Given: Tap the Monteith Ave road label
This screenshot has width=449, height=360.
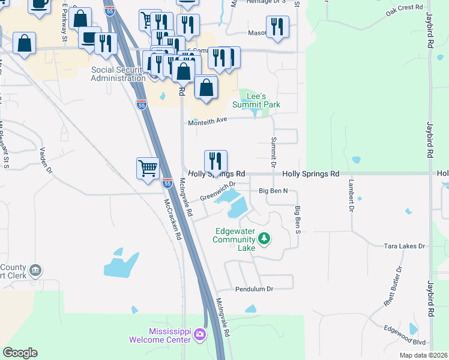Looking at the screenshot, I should click(208, 122).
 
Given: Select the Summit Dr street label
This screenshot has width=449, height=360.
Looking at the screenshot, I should click(273, 152).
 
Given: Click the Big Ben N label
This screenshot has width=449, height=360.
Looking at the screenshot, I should click(273, 191).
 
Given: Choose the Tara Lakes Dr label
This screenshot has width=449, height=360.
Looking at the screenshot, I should click(404, 246).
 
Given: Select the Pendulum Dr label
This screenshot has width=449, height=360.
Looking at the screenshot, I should click(254, 289).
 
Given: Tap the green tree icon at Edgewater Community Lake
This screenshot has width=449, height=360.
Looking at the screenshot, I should click(264, 239).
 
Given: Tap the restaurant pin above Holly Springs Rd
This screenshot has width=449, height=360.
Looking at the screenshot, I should click(215, 161).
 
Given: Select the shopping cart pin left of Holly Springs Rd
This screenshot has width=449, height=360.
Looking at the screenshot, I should click(148, 167).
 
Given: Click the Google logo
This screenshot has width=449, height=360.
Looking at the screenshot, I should click(20, 353).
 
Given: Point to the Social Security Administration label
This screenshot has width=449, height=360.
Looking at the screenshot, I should click(118, 74).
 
